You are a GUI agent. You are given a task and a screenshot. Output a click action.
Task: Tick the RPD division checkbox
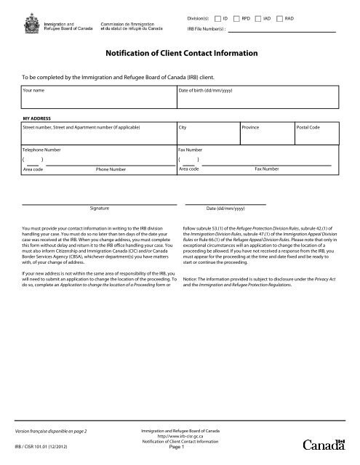[237, 16]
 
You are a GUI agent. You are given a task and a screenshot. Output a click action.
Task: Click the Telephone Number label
[42, 148]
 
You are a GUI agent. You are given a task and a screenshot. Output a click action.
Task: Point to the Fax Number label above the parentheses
[191, 148]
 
